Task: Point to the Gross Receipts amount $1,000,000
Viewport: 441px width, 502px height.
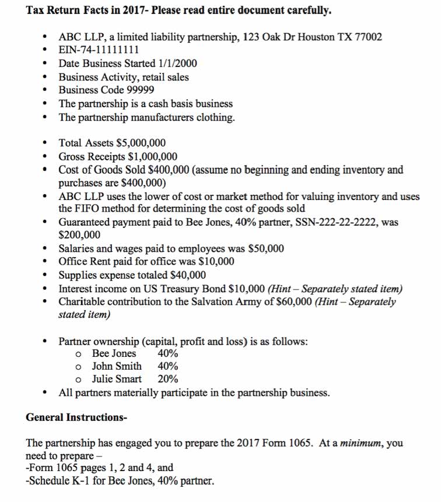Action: [153, 157]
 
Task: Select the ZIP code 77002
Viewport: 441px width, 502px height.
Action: [368, 37]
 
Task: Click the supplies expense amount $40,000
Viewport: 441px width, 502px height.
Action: [188, 275]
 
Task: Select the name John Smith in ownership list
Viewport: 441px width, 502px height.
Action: [117, 366]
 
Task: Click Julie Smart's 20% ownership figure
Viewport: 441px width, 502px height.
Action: [168, 379]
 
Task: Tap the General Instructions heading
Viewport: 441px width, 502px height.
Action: [76, 418]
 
